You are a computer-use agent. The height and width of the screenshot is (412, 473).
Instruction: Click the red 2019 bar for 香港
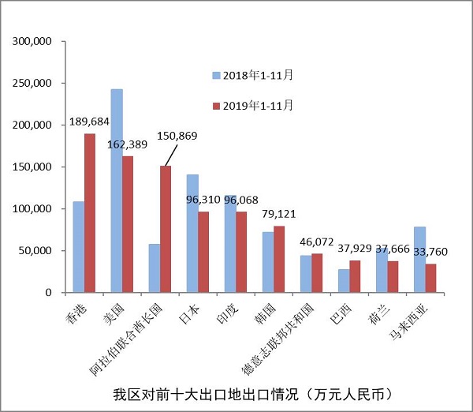(x=90, y=213)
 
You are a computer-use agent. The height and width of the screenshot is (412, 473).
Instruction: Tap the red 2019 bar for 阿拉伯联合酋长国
(x=166, y=229)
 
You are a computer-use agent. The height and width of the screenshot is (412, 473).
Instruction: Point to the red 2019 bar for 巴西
(x=355, y=276)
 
